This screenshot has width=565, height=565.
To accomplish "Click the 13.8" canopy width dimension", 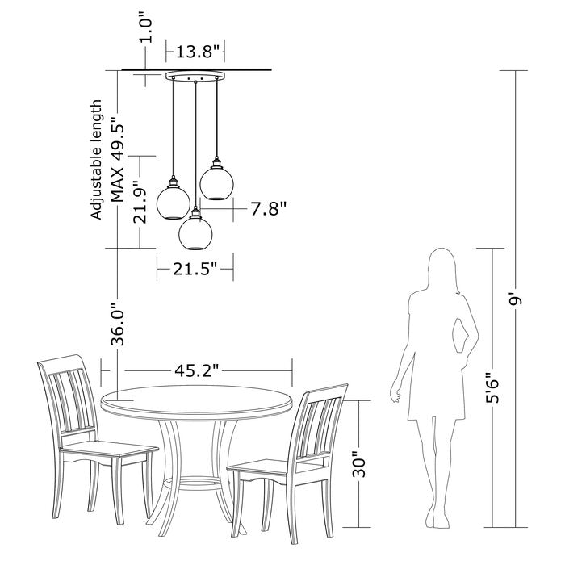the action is [x=198, y=52].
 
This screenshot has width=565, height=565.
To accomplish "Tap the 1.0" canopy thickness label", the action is [x=146, y=27].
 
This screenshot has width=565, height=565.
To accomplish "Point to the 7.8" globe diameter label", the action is [x=269, y=208].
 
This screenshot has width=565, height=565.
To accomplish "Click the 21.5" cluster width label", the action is [x=195, y=269].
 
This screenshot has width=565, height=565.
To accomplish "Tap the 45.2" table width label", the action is [x=197, y=370].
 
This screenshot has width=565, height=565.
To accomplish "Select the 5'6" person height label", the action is [x=492, y=387].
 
